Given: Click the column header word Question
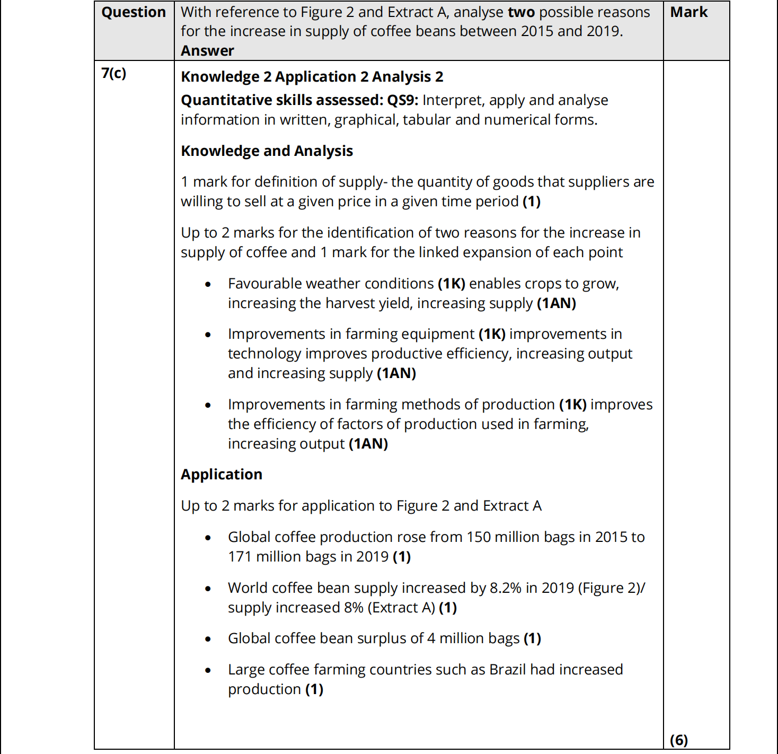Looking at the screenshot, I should click(134, 12).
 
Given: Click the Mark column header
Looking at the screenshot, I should click(688, 12).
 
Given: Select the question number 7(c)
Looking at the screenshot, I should click(114, 73).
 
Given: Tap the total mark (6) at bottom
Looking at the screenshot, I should click(679, 740).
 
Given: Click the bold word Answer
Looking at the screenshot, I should click(207, 51).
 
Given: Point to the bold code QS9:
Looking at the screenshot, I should click(403, 100).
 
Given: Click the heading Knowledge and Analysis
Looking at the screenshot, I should click(267, 151).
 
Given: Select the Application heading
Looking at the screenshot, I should click(222, 475).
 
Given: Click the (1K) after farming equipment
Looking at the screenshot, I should click(492, 334).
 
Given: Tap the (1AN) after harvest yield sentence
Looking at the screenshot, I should click(556, 303).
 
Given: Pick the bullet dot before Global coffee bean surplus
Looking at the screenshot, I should click(208, 639).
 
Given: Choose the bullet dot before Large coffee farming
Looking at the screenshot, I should click(208, 670).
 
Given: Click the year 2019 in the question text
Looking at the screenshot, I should click(604, 31).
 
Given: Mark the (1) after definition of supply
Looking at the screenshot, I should click(532, 201).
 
